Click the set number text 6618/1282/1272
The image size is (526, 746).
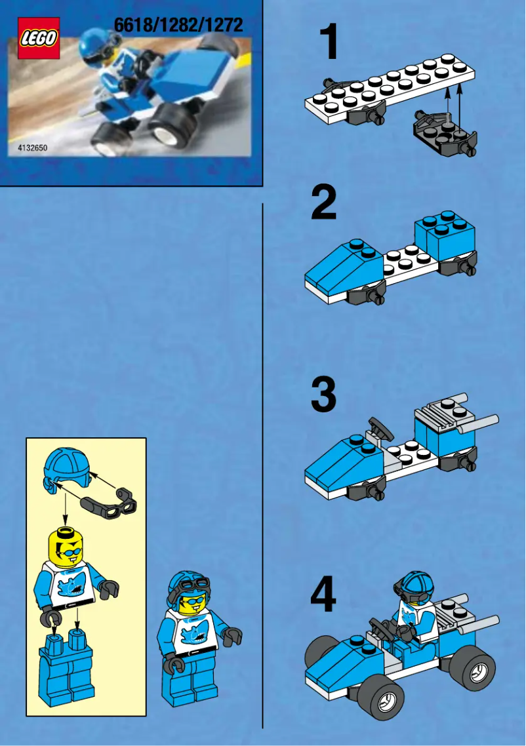click(x=178, y=26)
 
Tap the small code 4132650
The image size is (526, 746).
click(x=28, y=148)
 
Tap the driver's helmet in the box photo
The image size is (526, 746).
click(x=95, y=47)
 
